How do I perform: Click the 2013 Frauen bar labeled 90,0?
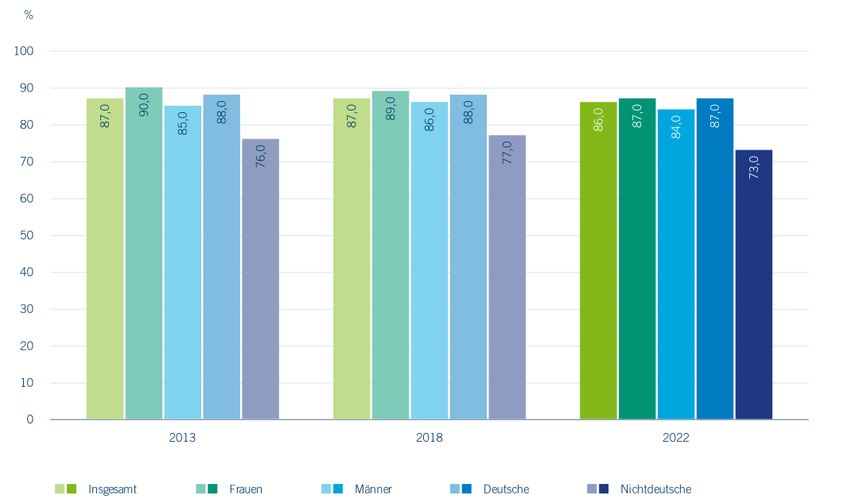(x=144, y=253)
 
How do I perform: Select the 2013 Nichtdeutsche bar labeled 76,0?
(x=261, y=279)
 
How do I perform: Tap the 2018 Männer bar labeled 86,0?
(x=429, y=261)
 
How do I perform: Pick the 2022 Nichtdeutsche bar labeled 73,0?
(x=754, y=284)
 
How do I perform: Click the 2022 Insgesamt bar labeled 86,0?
(x=598, y=261)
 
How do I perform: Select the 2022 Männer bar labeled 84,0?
(x=676, y=264)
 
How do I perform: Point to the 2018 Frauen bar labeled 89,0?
(x=391, y=255)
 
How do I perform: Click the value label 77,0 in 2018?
(x=507, y=153)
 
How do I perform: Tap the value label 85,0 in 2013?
(x=183, y=123)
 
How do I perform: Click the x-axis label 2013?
(x=182, y=438)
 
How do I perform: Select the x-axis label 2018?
(x=429, y=438)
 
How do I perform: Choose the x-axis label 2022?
(x=676, y=438)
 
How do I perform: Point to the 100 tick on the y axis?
(x=24, y=51)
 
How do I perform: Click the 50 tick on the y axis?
(x=27, y=235)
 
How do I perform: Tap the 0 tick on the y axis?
(x=30, y=419)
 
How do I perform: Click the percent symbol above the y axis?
(x=29, y=15)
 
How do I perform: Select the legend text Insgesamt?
(x=112, y=489)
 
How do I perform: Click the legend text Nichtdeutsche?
(x=655, y=489)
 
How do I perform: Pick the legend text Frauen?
(x=246, y=489)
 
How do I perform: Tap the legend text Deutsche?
(x=506, y=489)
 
